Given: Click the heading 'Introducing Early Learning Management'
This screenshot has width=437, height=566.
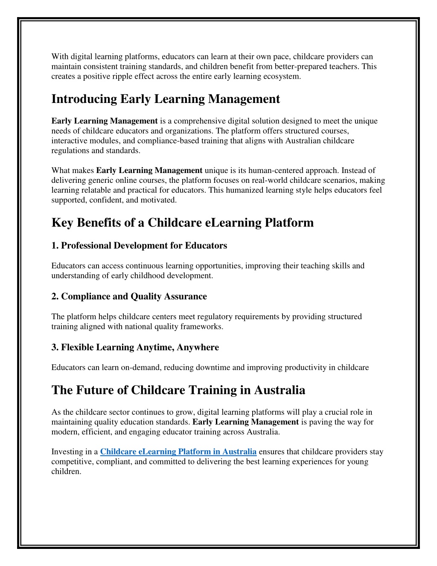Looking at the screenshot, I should coord(166,99).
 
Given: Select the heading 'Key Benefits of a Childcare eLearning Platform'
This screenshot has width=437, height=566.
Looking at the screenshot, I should coord(182,223).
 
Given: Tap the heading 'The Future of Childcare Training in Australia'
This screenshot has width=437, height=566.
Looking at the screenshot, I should coord(178,390).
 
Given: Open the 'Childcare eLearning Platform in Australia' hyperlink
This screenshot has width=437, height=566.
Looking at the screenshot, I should coord(178,452).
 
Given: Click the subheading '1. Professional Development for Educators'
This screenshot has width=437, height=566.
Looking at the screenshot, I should coord(139,246).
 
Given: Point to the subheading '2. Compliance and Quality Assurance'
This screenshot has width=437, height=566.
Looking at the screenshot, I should coord(129,296).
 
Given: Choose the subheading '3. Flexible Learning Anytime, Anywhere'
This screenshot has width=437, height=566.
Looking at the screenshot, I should coord(135,347).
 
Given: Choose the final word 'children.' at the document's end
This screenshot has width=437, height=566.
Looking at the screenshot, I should coord(66,472).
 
